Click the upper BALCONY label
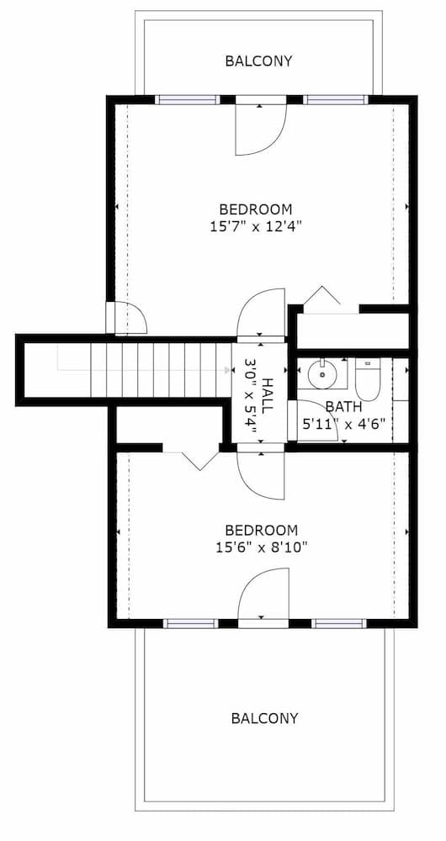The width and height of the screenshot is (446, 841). tap(258, 61)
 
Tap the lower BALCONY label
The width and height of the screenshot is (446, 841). tap(264, 718)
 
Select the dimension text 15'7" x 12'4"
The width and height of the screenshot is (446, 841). tap(255, 225)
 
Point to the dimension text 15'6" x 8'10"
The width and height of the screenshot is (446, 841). tap(261, 547)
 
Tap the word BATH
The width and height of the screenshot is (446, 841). tap(344, 407)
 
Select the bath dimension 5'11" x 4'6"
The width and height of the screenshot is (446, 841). tap(344, 424)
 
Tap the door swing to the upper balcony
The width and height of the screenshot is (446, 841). tap(261, 128)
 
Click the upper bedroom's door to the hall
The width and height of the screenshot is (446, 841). tap(262, 315)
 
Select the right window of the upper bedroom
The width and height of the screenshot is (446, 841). tap(335, 99)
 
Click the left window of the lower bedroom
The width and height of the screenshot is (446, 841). tap(190, 623)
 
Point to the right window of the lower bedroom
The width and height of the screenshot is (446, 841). tap(338, 623)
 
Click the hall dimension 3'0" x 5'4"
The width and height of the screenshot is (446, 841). tap(250, 394)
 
